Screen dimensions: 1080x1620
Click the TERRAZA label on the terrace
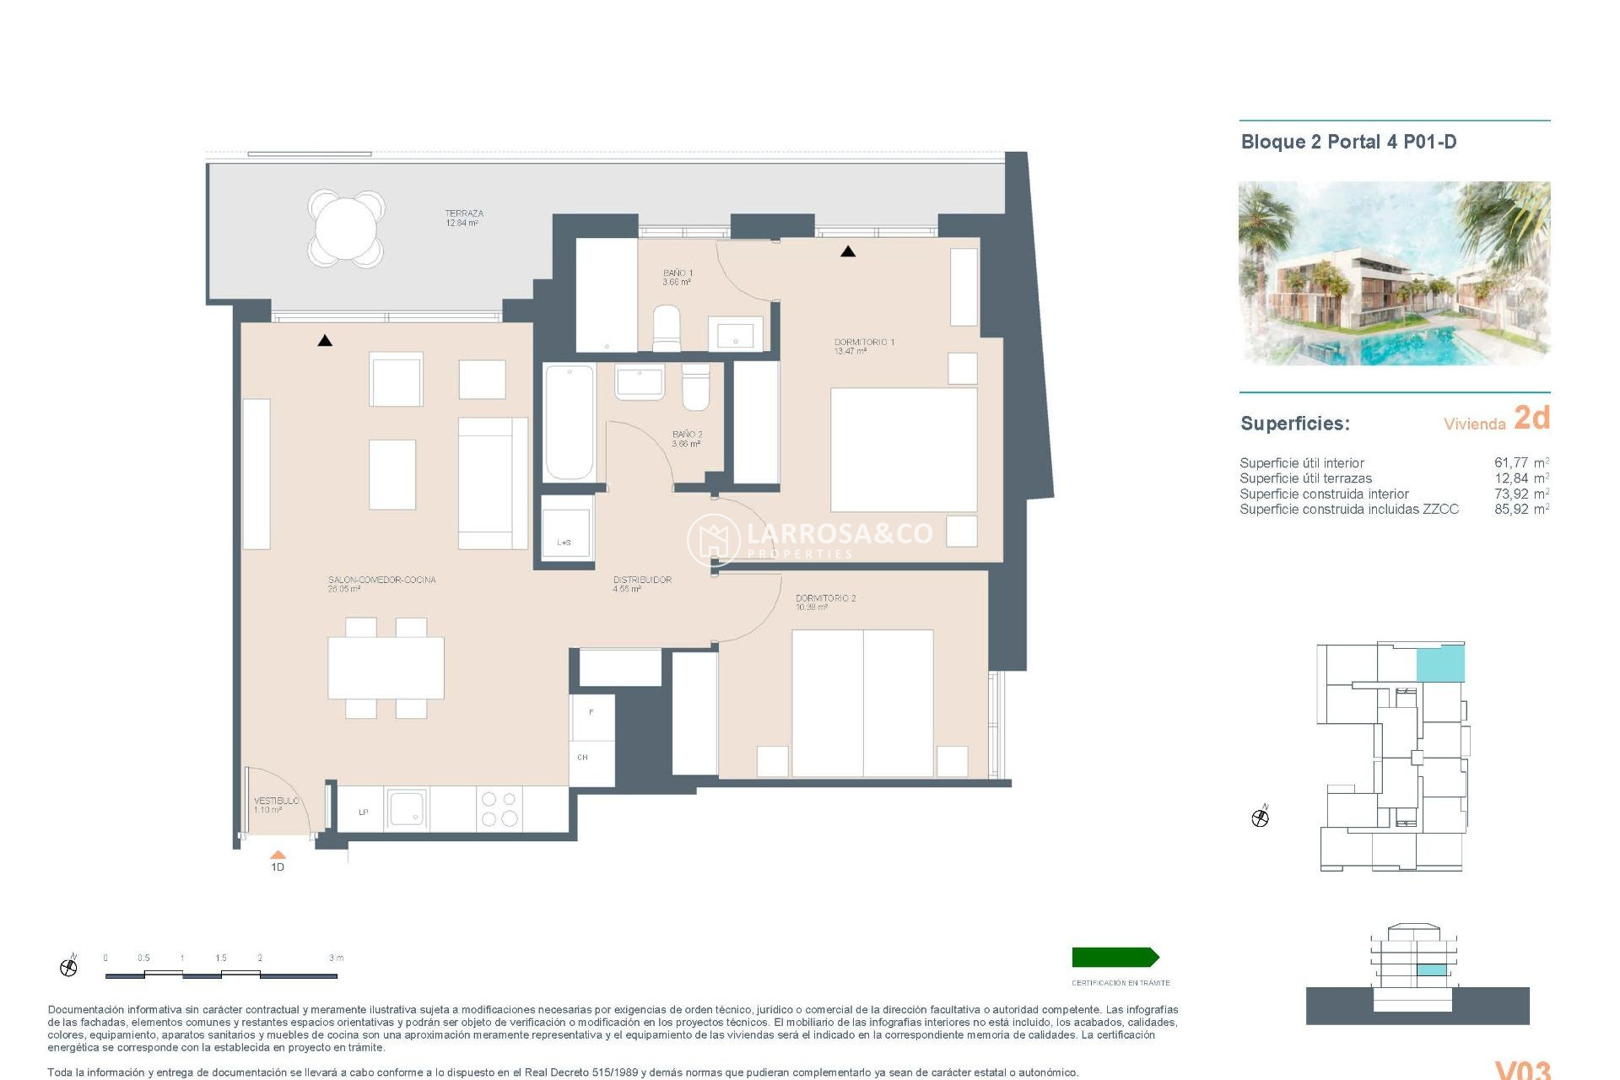[463, 214]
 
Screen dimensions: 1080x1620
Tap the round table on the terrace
[346, 228]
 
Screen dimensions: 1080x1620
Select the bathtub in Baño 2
[569, 421]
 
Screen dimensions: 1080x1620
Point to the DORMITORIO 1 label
[863, 343]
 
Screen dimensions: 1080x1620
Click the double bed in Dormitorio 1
[903, 449]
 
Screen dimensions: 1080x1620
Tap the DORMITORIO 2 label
[825, 599]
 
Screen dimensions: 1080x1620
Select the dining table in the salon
[386, 667]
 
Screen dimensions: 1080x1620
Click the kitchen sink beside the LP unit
[407, 809]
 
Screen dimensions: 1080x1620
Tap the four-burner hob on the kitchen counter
[499, 809]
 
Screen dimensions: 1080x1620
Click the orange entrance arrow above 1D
[278, 855]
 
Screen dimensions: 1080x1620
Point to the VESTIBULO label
[276, 801]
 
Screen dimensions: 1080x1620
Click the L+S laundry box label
[564, 543]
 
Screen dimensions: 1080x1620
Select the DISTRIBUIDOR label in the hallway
[642, 580]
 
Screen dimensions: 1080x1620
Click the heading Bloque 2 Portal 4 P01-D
[1348, 142]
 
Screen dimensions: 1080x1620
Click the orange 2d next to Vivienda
[1531, 418]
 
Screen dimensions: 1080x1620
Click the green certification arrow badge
[1115, 957]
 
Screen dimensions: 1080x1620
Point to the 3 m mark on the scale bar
[336, 958]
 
